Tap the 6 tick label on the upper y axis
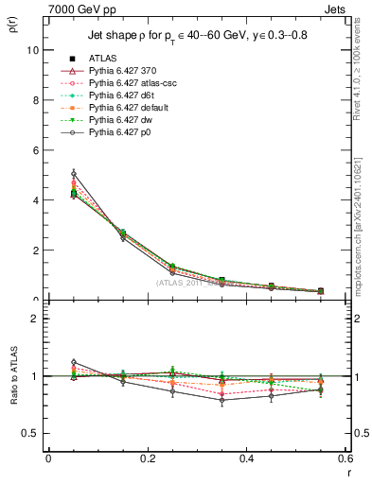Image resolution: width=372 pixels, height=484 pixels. click(36, 150)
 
